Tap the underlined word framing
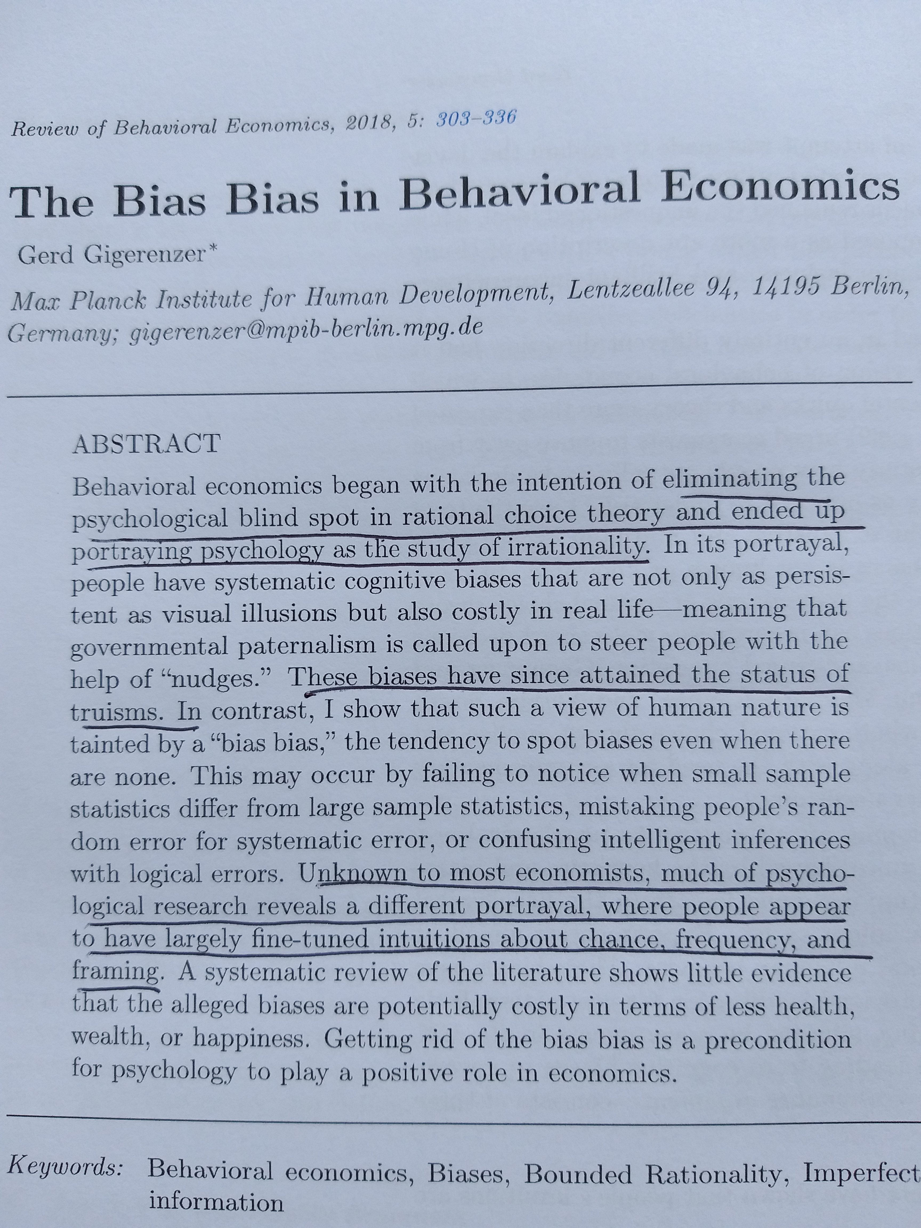pyautogui.click(x=115, y=972)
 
